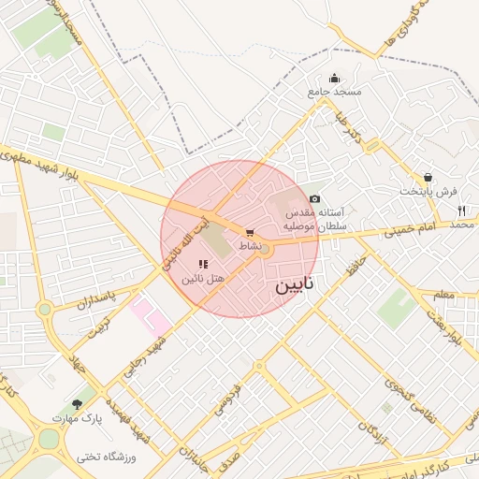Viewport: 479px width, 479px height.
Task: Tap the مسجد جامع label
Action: (334, 93)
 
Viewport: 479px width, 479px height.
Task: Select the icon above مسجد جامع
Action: (334, 78)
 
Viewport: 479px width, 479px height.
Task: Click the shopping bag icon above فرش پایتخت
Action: (428, 177)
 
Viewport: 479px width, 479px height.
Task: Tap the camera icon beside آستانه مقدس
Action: (314, 198)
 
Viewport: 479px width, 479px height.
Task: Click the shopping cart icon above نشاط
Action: (249, 232)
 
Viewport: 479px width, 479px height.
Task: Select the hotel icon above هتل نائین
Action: (203, 265)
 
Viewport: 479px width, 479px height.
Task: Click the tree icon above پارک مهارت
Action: (77, 404)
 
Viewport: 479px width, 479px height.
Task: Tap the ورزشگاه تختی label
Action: (107, 457)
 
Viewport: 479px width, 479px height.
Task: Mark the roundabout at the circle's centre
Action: (265, 249)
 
